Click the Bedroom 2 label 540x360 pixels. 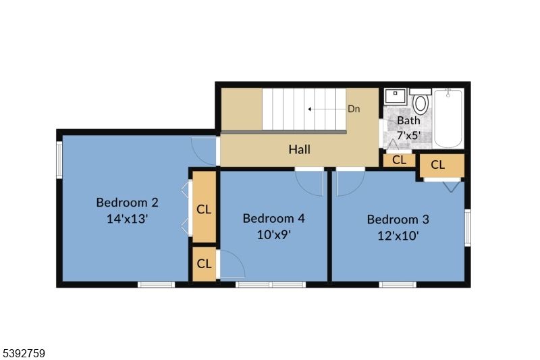pos(127,202)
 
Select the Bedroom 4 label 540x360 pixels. pos(273,218)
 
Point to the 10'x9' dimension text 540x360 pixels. pos(273,235)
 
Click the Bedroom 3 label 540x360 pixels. pos(398,219)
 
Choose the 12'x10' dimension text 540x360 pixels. pos(398,236)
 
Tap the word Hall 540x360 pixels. pos(300,149)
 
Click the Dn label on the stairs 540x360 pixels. pos(354,109)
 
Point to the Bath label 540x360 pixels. pos(408,120)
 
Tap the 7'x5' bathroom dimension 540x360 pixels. pos(408,134)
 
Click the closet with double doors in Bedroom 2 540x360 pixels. pos(204,209)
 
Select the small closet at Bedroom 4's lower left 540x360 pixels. pos(204,264)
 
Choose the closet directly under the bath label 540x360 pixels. pos(399,160)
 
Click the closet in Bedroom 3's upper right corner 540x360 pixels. pos(442,165)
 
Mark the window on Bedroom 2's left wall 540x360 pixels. pos(59,160)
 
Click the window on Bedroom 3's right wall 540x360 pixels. pos(467,227)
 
